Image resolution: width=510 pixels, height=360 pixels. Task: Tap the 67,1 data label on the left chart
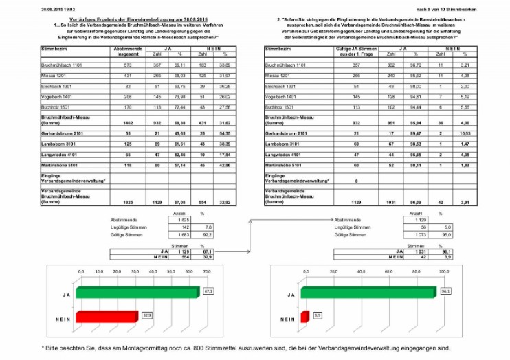coord(208,291)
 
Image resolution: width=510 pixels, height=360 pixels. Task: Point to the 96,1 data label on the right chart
coord(445,291)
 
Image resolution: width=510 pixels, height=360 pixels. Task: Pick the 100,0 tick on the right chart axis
coord(434,271)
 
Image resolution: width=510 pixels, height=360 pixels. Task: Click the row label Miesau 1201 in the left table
coord(53,74)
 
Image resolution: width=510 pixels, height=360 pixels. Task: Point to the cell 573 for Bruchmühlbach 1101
coord(128,63)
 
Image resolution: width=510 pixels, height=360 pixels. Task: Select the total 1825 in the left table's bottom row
coord(128,203)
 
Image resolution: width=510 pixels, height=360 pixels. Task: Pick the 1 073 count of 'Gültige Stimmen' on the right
coord(412,234)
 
